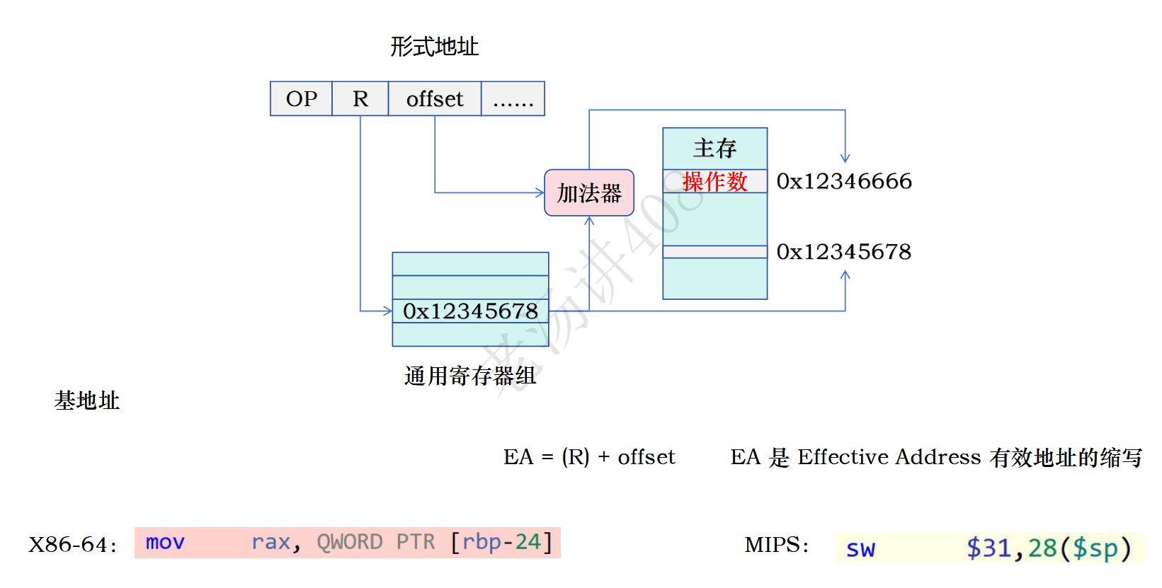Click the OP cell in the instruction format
(301, 99)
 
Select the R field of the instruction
(360, 99)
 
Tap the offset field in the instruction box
(435, 99)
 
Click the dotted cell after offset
(513, 99)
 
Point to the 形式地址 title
(434, 47)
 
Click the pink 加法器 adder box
(588, 192)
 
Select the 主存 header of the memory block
(714, 149)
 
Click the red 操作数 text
(714, 182)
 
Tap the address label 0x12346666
(843, 181)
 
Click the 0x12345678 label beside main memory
(843, 252)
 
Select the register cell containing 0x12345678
(470, 311)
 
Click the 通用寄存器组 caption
(470, 376)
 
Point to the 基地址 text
(86, 400)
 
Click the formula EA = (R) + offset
(589, 457)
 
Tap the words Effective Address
(889, 457)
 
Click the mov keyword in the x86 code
(165, 543)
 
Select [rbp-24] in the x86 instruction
(501, 543)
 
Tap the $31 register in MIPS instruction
(989, 548)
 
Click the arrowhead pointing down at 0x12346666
(845, 158)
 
